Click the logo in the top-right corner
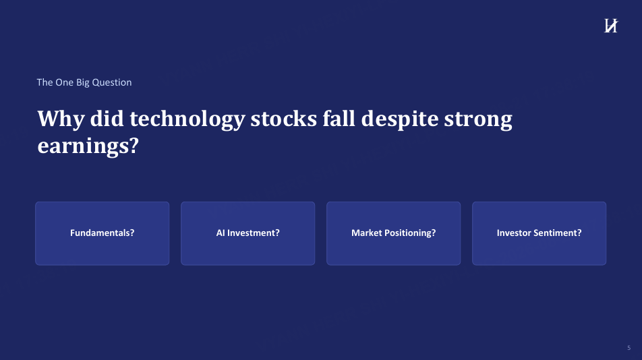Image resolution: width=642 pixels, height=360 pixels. click(x=611, y=26)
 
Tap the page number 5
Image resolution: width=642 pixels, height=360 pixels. click(x=629, y=348)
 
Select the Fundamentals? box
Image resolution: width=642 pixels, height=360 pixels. click(x=103, y=233)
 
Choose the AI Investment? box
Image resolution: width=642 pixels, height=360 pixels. click(x=247, y=233)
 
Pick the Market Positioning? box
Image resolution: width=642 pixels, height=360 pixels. click(x=393, y=233)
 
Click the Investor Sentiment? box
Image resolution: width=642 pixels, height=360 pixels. click(x=539, y=233)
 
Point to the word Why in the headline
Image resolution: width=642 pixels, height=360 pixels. click(x=61, y=119)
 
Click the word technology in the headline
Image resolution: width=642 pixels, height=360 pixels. click(x=187, y=119)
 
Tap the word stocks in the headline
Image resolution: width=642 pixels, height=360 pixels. click(x=284, y=119)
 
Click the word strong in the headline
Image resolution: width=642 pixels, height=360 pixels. click(x=478, y=120)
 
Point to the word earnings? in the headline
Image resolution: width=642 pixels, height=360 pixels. click(x=88, y=146)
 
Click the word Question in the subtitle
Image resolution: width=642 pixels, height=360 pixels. click(x=112, y=82)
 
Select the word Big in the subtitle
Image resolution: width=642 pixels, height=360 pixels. click(x=83, y=83)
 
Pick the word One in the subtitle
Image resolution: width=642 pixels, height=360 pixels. click(x=64, y=82)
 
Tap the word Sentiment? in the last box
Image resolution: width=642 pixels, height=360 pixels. click(x=560, y=233)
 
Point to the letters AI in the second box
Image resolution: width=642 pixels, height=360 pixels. click(x=221, y=233)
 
